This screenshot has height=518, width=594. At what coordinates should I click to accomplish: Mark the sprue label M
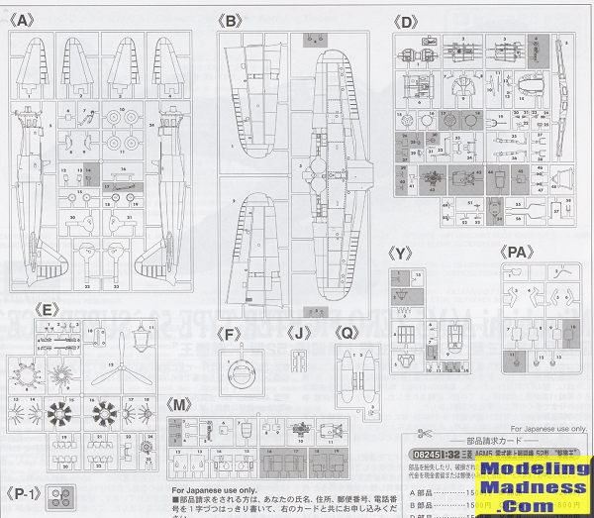tap(179, 406)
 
